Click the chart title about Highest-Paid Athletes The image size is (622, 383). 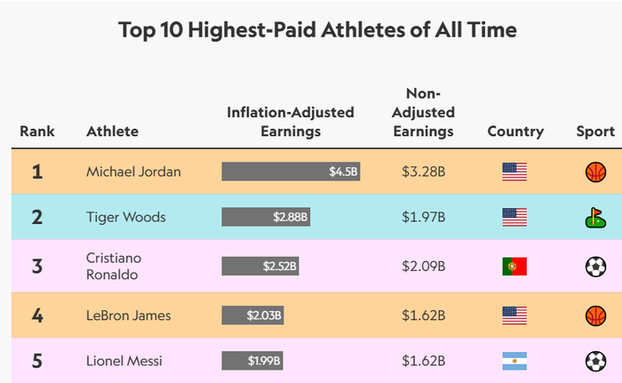pos(317,30)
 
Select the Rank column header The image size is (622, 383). pos(37,132)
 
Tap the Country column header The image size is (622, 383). pos(515,132)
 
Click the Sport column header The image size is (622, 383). pos(594,132)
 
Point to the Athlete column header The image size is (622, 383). pos(112,132)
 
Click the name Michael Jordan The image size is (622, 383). pos(133,172)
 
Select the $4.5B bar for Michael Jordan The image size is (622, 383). pos(291,172)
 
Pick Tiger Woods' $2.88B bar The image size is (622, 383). pos(266,217)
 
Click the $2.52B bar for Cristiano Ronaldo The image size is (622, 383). pos(260,266)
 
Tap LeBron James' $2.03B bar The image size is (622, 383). pos(252,315)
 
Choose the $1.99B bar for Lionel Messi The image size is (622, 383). pos(251,361)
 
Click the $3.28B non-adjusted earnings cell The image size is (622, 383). pos(423,172)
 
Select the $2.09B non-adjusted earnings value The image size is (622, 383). pos(423,266)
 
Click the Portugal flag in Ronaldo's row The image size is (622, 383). pos(514,266)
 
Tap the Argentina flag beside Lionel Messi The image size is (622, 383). pos(514,361)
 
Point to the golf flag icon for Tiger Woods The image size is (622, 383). pos(594,217)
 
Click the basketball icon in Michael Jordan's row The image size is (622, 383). pos(594,172)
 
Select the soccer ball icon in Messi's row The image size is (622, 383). pos(594,361)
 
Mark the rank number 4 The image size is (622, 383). pos(37,315)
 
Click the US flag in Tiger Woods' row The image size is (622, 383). pos(514,217)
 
